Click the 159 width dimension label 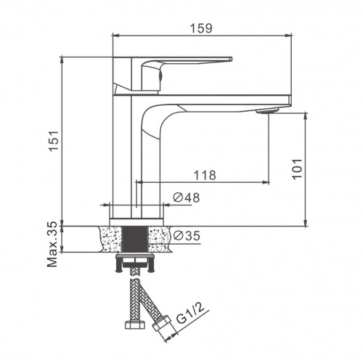point(201,28)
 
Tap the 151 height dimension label point(54,141)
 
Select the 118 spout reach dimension point(205,175)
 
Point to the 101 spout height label point(297,169)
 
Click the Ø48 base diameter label point(187,197)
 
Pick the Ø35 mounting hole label point(187,236)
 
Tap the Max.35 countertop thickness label point(52,245)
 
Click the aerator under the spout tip point(267,111)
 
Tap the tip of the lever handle point(232,59)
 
